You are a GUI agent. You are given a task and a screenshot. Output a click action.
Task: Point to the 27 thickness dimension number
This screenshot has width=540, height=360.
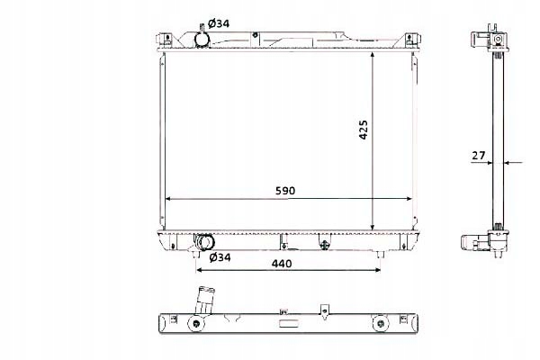479,156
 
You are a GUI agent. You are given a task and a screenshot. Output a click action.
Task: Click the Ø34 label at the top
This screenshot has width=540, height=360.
219,23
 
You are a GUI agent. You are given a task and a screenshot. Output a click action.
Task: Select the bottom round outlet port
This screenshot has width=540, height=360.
206,242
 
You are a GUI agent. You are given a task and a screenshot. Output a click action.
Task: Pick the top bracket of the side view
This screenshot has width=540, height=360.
492,40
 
